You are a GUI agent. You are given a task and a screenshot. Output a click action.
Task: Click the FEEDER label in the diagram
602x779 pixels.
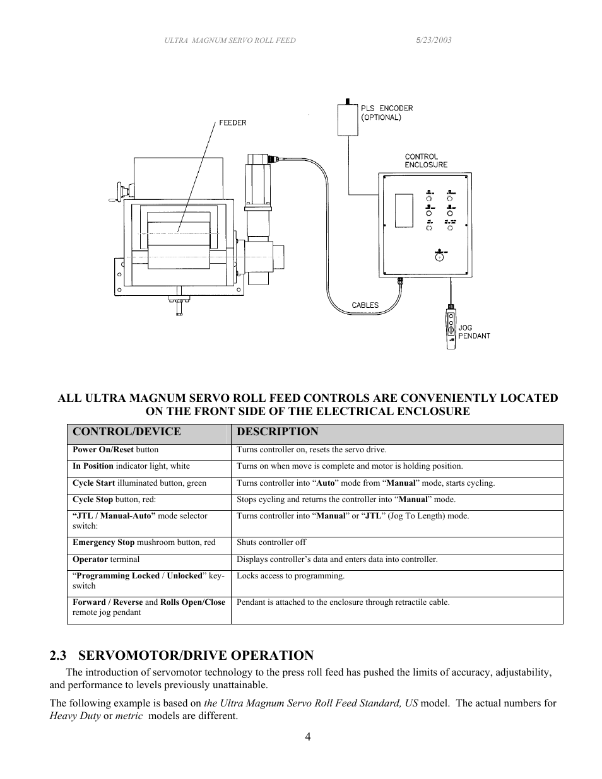(232, 123)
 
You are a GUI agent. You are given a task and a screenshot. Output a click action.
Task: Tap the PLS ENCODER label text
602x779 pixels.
(387, 112)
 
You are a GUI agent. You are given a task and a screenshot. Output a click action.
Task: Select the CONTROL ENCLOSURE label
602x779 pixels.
(426, 160)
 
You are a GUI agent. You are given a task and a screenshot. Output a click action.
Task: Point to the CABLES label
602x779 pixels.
(365, 305)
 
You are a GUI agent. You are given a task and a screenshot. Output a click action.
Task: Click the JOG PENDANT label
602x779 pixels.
(474, 332)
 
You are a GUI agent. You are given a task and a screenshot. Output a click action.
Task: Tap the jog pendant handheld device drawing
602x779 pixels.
(451, 327)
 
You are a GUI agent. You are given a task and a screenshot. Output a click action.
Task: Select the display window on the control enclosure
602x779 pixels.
(404, 211)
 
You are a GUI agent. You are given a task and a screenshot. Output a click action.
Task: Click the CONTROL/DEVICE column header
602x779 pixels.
(127, 432)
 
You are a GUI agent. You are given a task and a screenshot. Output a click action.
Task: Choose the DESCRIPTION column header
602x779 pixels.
(277, 432)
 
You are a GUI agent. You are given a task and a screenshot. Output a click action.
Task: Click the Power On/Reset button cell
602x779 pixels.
(115, 450)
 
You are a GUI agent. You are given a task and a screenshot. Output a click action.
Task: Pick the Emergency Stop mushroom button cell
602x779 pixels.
(144, 542)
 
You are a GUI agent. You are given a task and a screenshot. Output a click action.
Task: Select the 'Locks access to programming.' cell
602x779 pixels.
(290, 576)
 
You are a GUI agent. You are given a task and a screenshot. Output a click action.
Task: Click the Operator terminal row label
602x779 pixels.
(106, 559)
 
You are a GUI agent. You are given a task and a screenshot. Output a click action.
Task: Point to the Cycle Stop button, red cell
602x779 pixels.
(114, 500)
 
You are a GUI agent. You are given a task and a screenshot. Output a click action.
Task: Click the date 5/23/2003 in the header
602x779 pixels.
(433, 40)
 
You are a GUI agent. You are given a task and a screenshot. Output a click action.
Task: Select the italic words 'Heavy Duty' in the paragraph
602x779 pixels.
(74, 716)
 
